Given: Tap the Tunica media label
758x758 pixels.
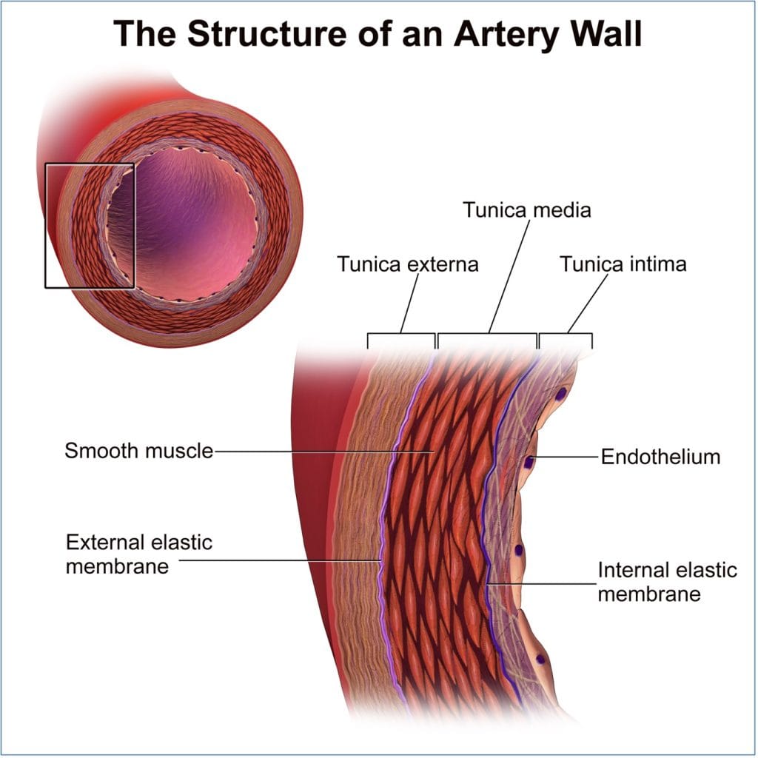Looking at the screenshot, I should click(x=526, y=209).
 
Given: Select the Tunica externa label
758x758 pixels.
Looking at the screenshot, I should click(x=408, y=264).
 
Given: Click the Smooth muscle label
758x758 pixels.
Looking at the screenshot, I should click(x=138, y=450).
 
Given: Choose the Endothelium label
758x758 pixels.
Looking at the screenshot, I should click(x=660, y=457).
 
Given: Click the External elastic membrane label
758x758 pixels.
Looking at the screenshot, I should click(x=138, y=554).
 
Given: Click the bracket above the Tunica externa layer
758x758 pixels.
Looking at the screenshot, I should click(x=400, y=335).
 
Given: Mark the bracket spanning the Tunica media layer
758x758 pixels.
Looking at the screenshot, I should click(x=487, y=335).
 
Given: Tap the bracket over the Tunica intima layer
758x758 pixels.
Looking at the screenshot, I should click(x=566, y=335).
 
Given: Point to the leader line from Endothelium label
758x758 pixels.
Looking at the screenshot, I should click(x=566, y=457).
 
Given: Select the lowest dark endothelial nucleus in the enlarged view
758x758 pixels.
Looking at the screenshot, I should click(x=541, y=658).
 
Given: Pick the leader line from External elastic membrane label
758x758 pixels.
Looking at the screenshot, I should click(x=281, y=560).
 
